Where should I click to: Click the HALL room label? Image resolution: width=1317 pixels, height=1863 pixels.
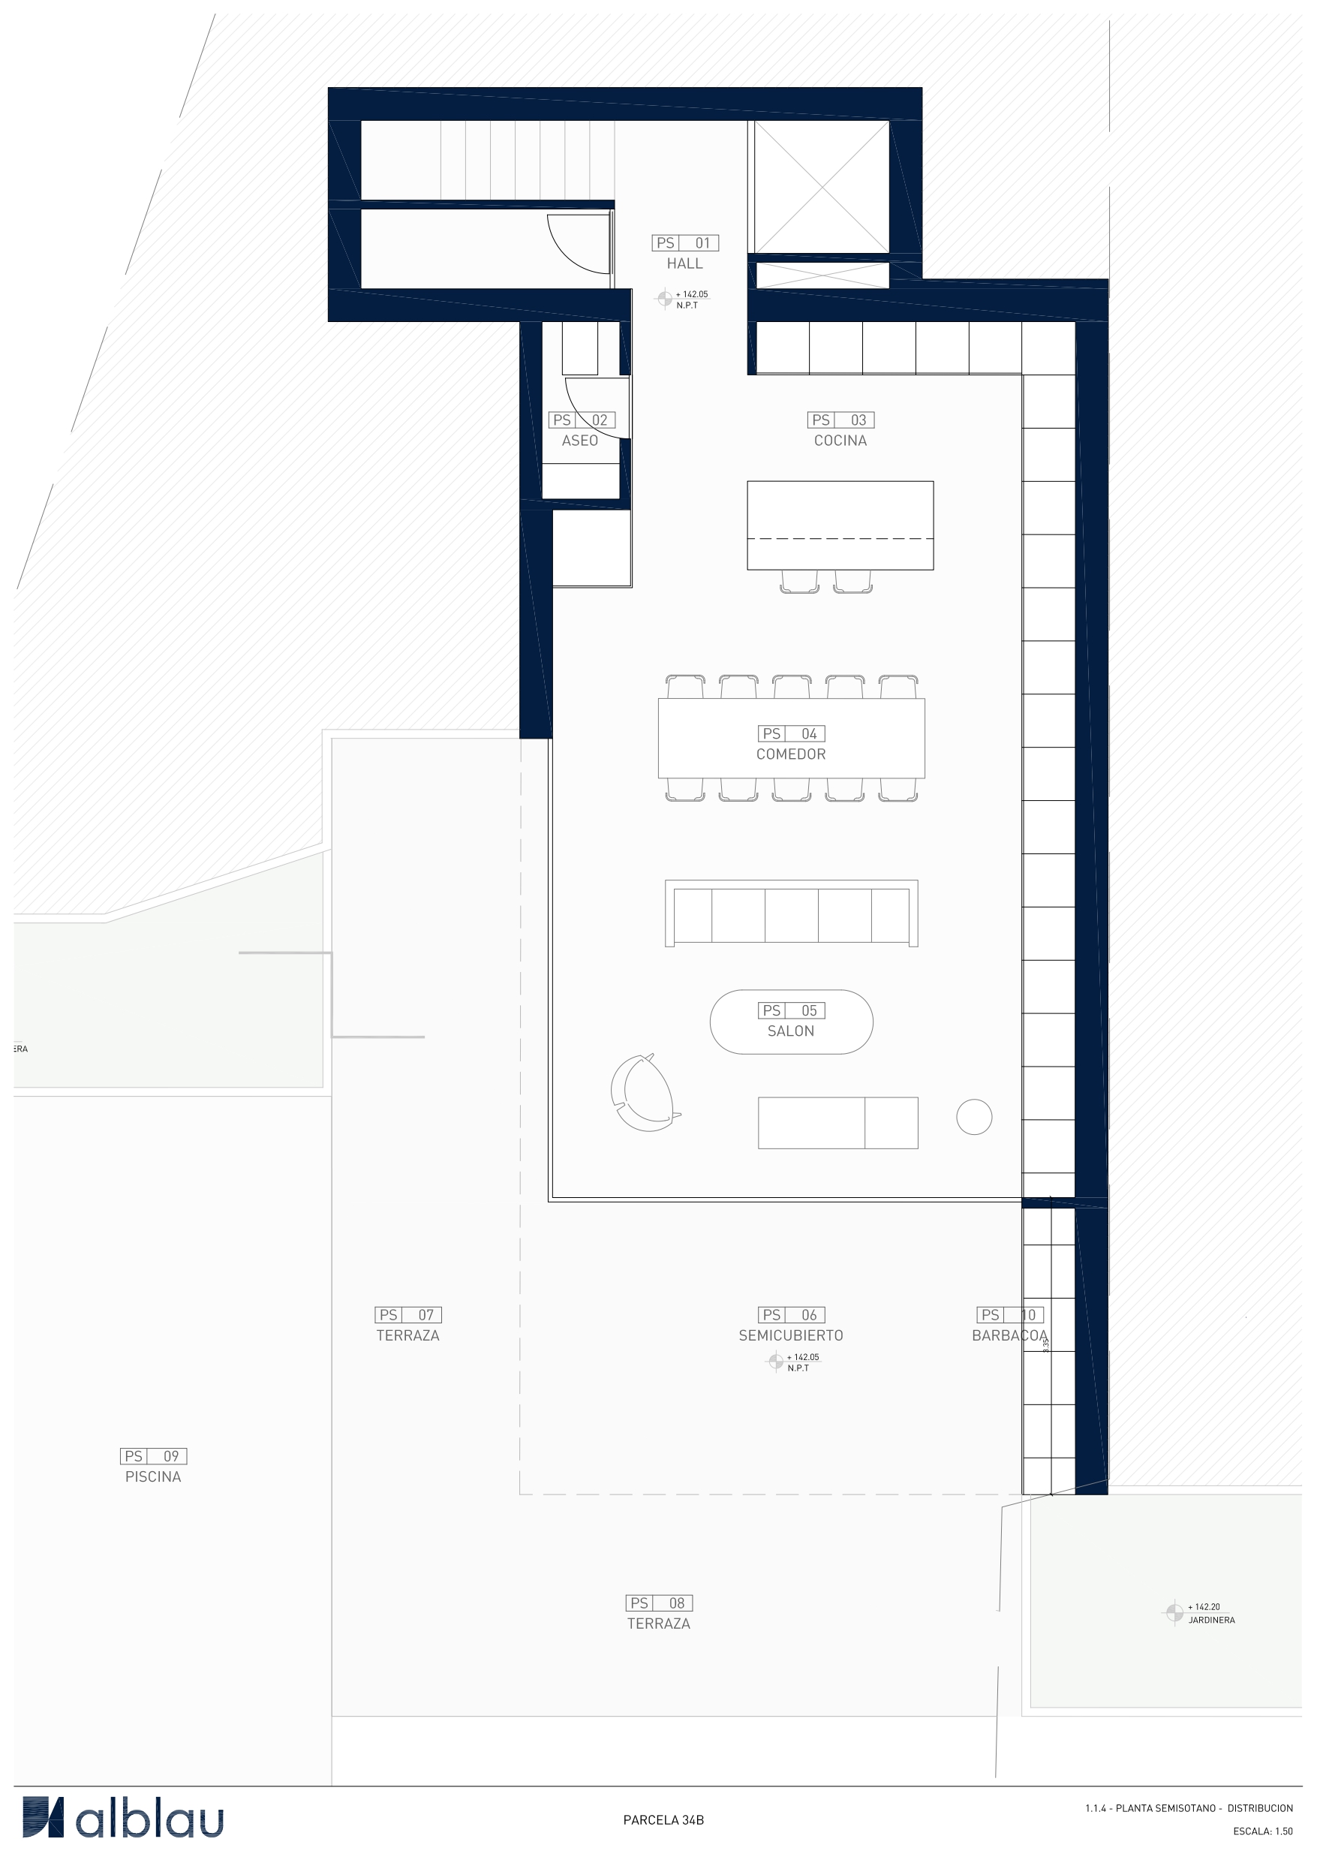pyautogui.click(x=684, y=263)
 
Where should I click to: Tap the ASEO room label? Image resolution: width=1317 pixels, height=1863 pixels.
pyautogui.click(x=579, y=441)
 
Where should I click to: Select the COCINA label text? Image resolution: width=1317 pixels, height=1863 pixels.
pyautogui.click(x=840, y=441)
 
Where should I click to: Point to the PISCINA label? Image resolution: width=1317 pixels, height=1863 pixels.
pyautogui.click(x=152, y=1476)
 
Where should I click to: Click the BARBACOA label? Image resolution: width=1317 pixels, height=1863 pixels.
pyautogui.click(x=1009, y=1335)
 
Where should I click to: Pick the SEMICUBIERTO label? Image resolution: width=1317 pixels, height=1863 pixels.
pyautogui.click(x=790, y=1335)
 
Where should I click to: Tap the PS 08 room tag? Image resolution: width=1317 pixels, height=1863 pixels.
pyautogui.click(x=658, y=1603)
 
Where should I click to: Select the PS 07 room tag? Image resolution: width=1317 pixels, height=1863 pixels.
pyautogui.click(x=408, y=1314)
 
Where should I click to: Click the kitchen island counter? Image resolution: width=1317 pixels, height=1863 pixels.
pyautogui.click(x=840, y=524)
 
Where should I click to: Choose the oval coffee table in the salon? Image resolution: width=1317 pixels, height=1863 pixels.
pyautogui.click(x=791, y=1022)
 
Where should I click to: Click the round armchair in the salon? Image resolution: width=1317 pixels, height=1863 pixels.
pyautogui.click(x=645, y=1092)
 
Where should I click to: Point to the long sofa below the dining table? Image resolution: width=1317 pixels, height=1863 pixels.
pyautogui.click(x=791, y=913)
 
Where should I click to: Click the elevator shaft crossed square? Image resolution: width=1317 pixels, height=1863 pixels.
pyautogui.click(x=822, y=188)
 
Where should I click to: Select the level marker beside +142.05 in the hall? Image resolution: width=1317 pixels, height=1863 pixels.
pyautogui.click(x=665, y=298)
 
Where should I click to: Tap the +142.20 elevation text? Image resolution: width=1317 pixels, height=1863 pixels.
pyautogui.click(x=1206, y=1606)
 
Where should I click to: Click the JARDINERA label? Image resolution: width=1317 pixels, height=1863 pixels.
pyautogui.click(x=1211, y=1621)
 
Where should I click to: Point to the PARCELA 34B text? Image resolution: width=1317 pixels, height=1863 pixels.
pyautogui.click(x=663, y=1820)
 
